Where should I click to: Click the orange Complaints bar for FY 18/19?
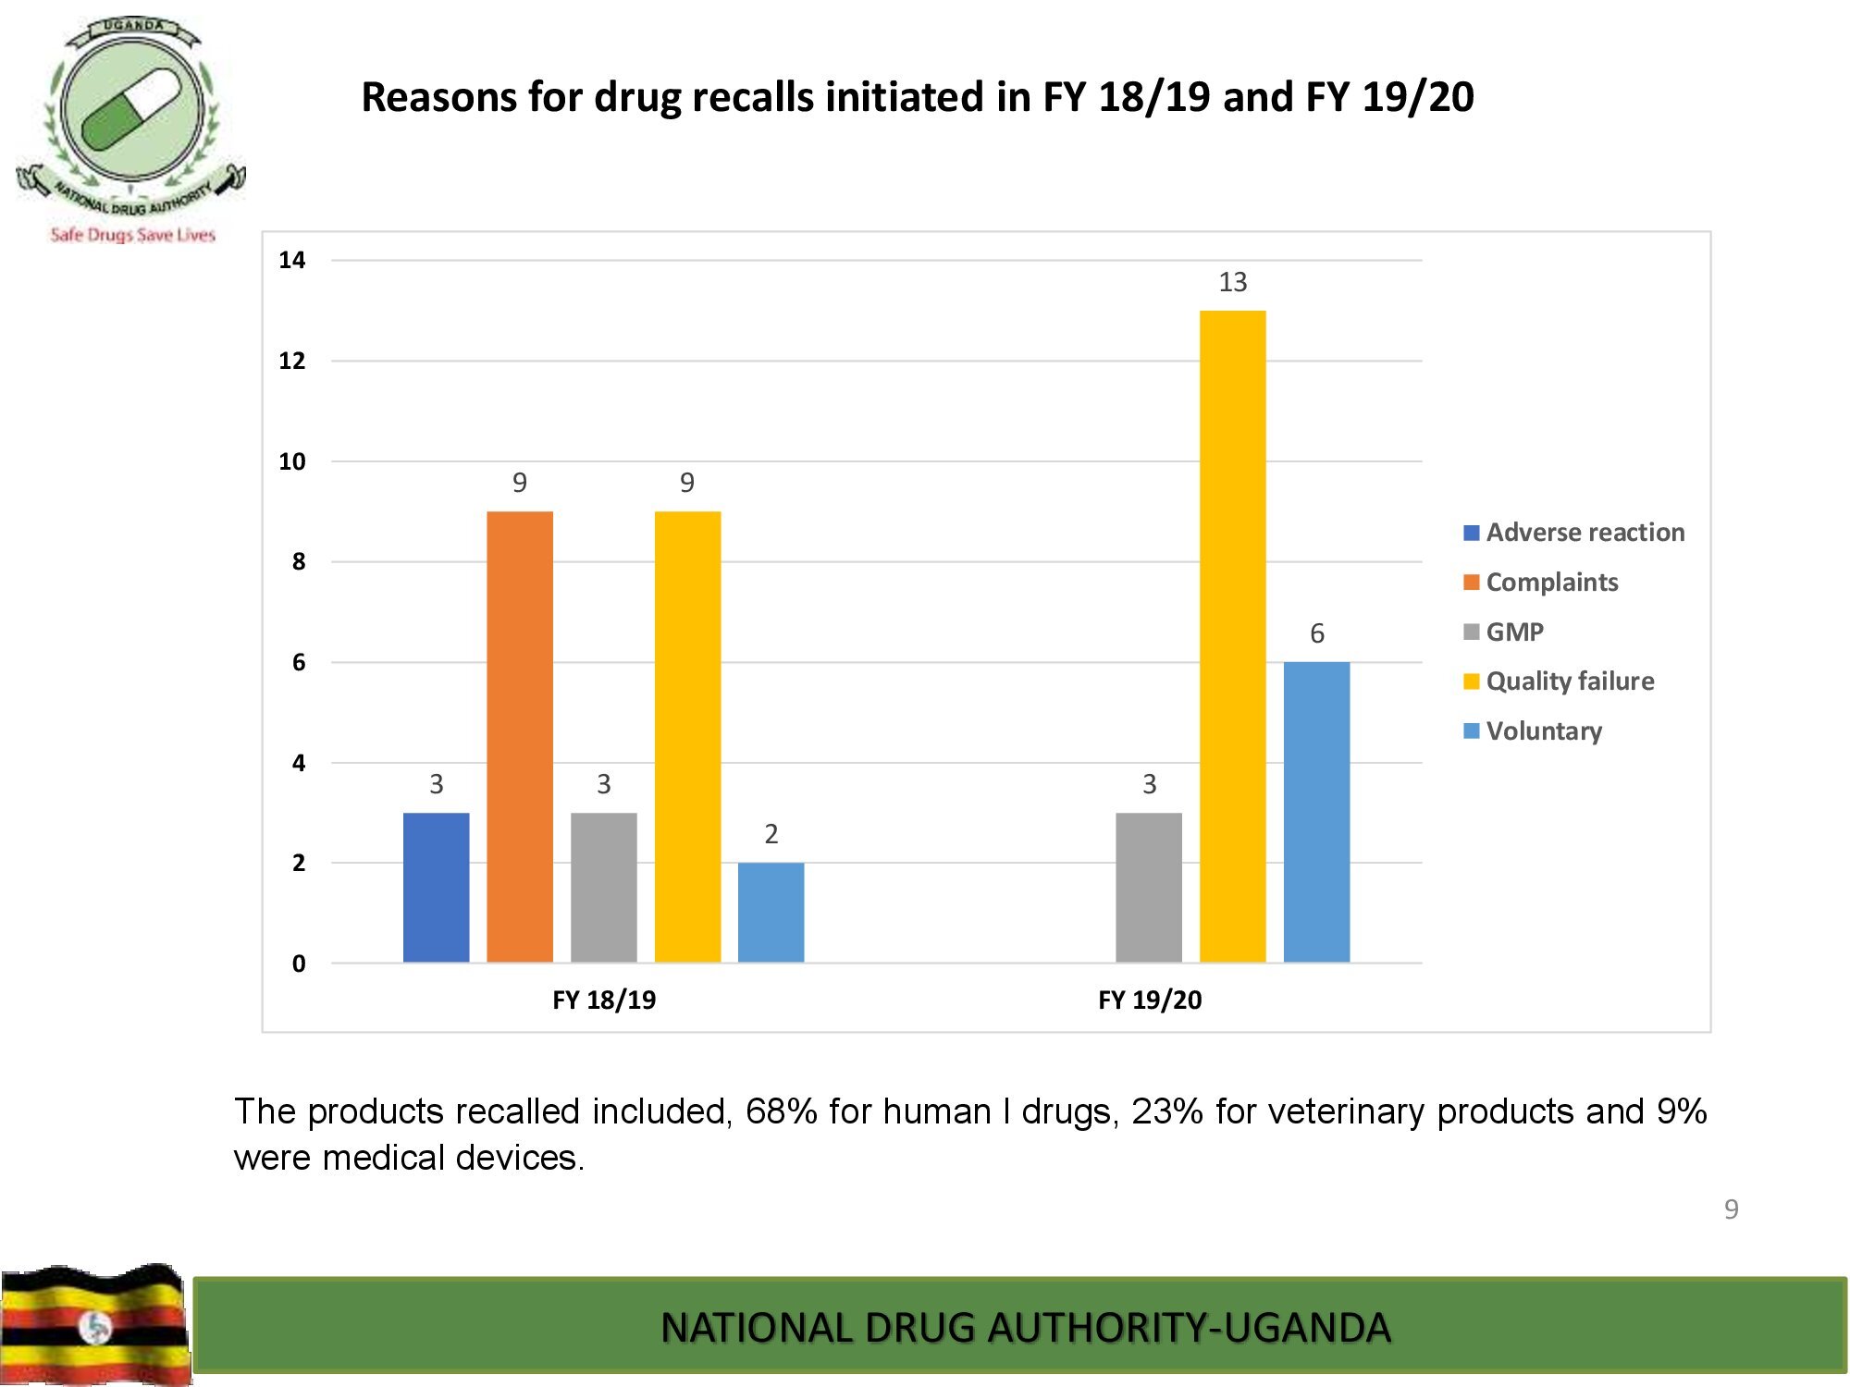pyautogui.click(x=520, y=736)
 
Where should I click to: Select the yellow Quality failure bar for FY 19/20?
pyautogui.click(x=1232, y=636)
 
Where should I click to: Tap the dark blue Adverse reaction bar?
pyautogui.click(x=436, y=888)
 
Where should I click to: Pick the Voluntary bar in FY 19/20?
pyautogui.click(x=1316, y=812)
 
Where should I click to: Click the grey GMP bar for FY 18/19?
pyautogui.click(x=603, y=888)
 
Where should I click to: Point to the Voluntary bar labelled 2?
pyautogui.click(x=771, y=912)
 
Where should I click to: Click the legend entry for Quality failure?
pyautogui.click(x=1570, y=681)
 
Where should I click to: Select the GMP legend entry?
pyautogui.click(x=1514, y=632)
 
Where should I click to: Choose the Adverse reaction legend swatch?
pyautogui.click(x=1472, y=533)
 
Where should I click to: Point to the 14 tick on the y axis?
pyautogui.click(x=292, y=260)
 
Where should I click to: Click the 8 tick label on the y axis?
pyautogui.click(x=298, y=561)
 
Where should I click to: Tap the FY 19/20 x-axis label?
pyautogui.click(x=1150, y=1000)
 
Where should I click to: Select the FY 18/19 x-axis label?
pyautogui.click(x=604, y=1000)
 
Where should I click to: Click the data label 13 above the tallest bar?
pyautogui.click(x=1232, y=282)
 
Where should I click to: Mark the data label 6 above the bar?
pyautogui.click(x=1316, y=633)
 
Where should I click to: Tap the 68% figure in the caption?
pyautogui.click(x=782, y=1111)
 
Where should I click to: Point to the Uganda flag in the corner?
pyautogui.click(x=94, y=1324)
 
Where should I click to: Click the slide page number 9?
pyautogui.click(x=1731, y=1209)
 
